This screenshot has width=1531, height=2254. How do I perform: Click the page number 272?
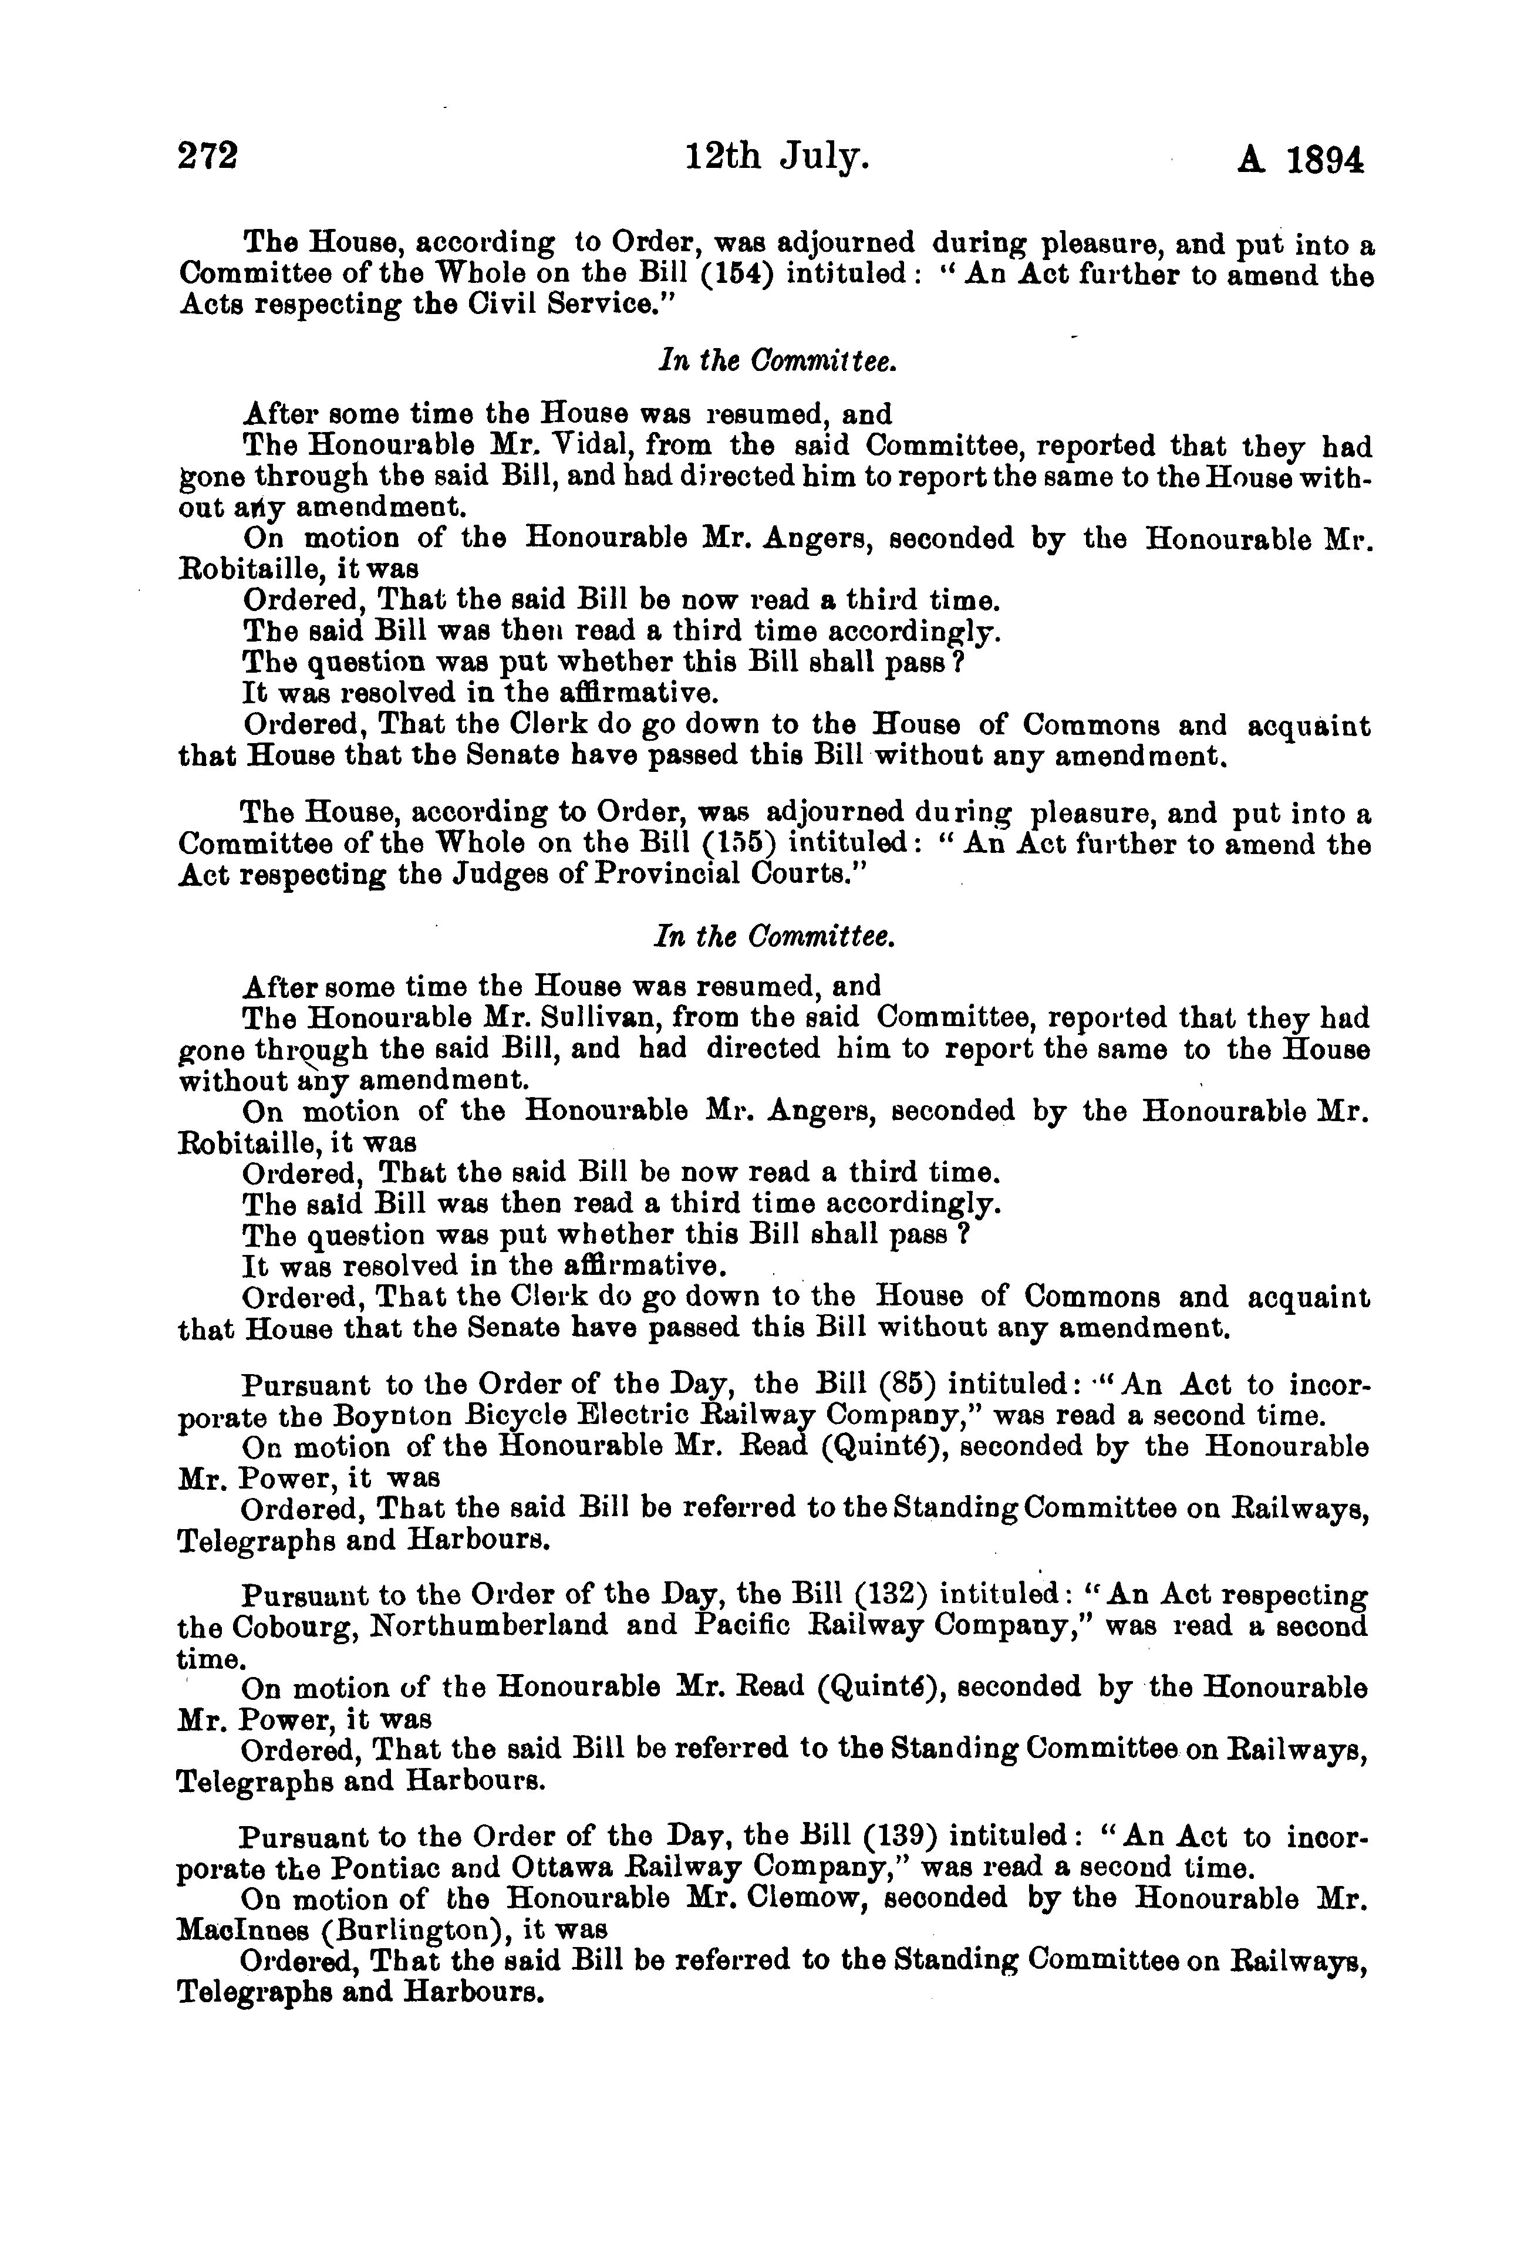pyautogui.click(x=208, y=157)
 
